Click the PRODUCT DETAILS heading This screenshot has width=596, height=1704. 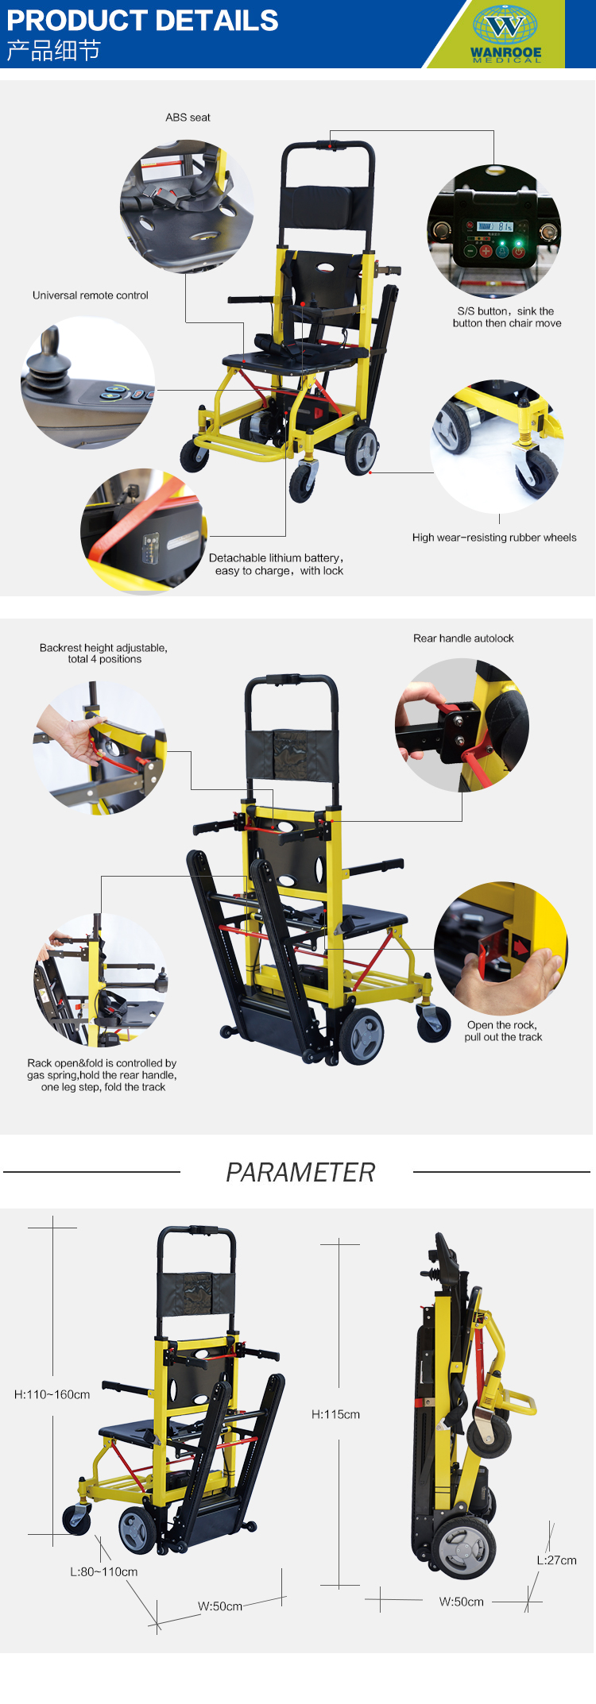(x=143, y=20)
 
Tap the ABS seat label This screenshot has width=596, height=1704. (x=188, y=118)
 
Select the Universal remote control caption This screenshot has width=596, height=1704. (x=91, y=295)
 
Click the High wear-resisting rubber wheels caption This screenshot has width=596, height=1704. (x=494, y=538)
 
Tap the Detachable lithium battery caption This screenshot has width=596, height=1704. (x=277, y=565)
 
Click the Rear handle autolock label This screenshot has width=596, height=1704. (x=463, y=638)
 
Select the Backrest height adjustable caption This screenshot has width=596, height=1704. (x=103, y=653)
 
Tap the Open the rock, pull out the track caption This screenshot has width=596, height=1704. (x=503, y=1031)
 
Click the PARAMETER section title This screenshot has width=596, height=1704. (x=300, y=1172)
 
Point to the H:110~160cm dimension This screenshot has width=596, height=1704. (x=52, y=1394)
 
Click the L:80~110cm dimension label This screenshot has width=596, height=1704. (x=103, y=1571)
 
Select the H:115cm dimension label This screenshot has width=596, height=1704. (x=335, y=1414)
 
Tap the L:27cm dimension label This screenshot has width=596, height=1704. (x=556, y=1559)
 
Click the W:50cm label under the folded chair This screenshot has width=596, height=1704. (x=461, y=1602)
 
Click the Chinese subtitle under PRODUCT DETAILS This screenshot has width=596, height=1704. (x=53, y=51)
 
